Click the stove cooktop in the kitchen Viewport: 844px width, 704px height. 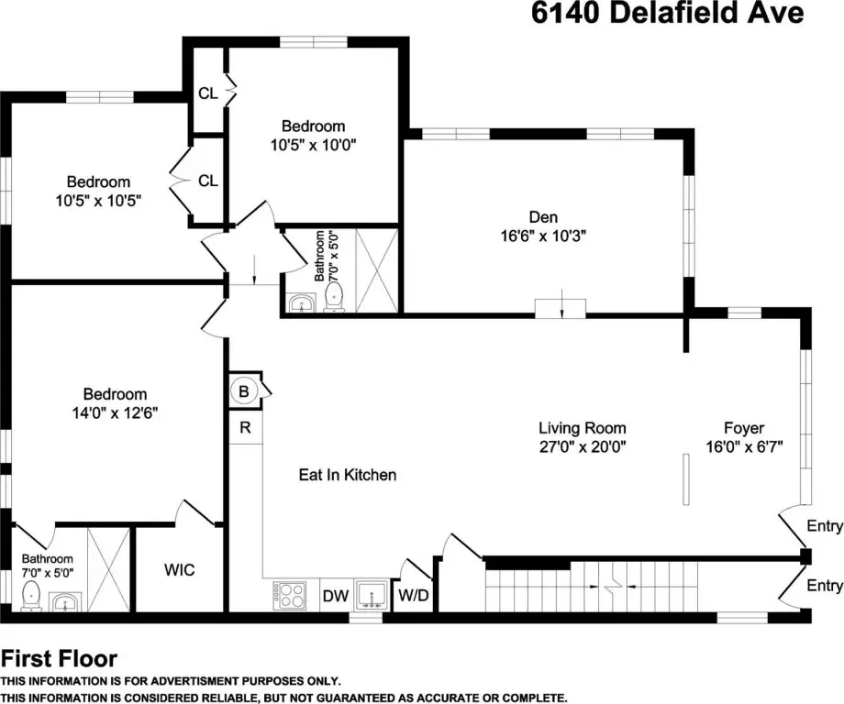tap(290, 596)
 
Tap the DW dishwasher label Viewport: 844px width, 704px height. tap(336, 596)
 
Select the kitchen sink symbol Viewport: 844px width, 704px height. tap(372, 595)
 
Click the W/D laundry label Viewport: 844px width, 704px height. tap(414, 595)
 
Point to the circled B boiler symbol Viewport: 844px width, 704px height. tap(244, 391)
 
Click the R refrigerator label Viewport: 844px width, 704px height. tap(246, 427)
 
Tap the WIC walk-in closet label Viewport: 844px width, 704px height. tap(179, 570)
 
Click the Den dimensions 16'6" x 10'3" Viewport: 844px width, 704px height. tap(543, 236)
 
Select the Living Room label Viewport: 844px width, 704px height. tap(583, 428)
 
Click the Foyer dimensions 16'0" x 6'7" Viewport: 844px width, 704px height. tap(744, 446)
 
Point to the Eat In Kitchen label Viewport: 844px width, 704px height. tap(348, 475)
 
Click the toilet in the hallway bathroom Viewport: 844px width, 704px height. tap(335, 297)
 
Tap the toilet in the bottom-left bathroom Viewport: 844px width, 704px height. tap(30, 596)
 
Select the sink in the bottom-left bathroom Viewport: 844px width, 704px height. tap(64, 602)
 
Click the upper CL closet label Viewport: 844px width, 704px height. tap(207, 93)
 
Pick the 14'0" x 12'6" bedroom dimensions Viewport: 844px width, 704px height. tap(115, 413)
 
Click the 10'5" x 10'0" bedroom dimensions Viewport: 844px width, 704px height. tap(313, 145)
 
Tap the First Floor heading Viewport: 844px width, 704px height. tap(60, 659)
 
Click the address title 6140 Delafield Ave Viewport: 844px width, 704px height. tap(668, 13)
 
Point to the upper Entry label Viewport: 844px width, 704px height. tap(825, 526)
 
